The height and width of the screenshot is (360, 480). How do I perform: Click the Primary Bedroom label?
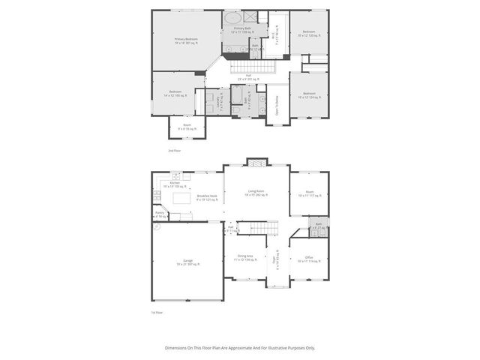185,40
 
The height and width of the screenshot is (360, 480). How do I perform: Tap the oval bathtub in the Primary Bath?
232,17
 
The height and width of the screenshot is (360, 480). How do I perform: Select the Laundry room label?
219,100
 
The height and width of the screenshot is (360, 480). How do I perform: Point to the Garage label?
187,262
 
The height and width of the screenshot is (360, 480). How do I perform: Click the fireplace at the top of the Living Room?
256,161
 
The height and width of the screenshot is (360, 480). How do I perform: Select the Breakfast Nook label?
207,198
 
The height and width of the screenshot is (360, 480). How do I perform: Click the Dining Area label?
245,259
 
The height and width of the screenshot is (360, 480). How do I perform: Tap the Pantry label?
160,214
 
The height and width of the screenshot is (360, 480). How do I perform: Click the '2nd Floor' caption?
174,151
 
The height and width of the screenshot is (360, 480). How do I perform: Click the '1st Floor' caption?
157,312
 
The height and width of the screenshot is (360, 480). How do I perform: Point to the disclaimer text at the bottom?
240,348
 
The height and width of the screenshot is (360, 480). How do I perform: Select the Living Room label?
257,193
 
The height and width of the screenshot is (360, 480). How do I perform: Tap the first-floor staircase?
257,228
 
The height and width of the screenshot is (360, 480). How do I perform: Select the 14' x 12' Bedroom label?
175,93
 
